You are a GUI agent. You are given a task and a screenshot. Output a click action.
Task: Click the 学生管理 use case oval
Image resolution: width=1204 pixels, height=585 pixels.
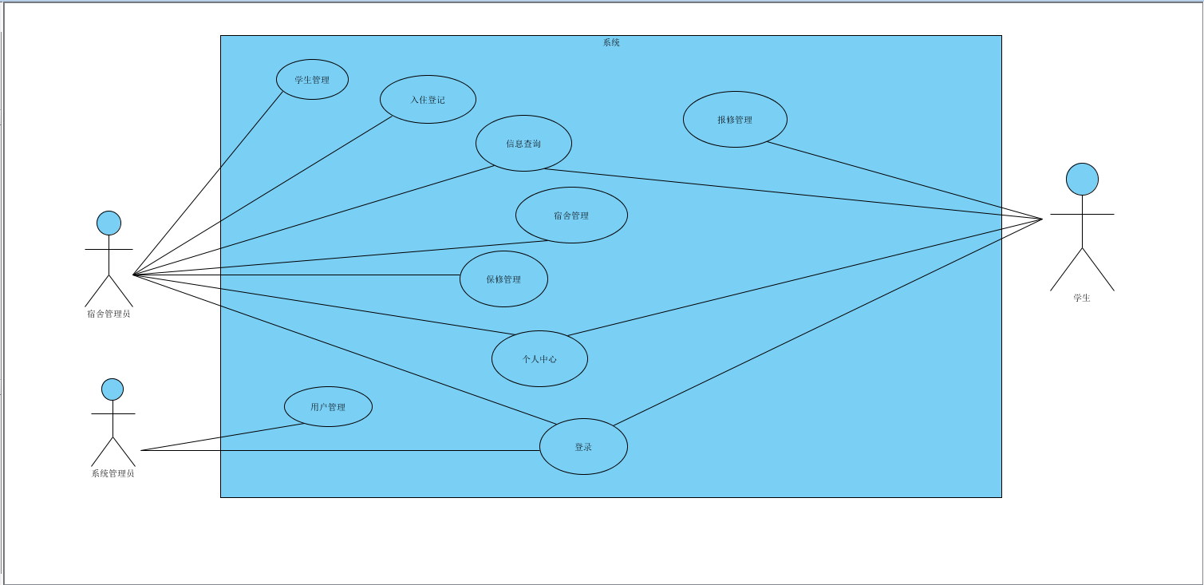(312, 80)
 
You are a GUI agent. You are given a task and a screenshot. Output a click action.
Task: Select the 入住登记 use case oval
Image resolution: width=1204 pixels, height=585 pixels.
(428, 100)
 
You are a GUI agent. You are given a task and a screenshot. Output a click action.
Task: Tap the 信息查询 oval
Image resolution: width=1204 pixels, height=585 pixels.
(523, 144)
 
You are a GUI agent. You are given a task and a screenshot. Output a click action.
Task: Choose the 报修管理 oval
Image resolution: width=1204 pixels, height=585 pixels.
(735, 120)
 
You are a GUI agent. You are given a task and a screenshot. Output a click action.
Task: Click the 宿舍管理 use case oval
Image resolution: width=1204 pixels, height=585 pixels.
(571, 215)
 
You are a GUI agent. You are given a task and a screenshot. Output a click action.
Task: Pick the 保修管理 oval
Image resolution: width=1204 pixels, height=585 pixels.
(503, 279)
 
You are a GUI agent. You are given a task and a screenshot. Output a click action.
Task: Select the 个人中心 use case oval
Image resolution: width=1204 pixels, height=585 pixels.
(539, 359)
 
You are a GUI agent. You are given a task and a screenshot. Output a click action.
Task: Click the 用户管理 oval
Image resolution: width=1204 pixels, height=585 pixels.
(328, 407)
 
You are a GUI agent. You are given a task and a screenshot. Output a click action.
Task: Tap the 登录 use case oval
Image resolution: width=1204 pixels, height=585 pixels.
(583, 447)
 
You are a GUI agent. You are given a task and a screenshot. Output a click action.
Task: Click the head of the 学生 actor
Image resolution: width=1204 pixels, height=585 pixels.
(1082, 180)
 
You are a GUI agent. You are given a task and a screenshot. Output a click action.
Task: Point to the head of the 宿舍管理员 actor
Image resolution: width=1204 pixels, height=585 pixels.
(109, 223)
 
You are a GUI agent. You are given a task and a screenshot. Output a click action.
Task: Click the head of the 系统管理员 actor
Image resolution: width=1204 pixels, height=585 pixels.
(113, 389)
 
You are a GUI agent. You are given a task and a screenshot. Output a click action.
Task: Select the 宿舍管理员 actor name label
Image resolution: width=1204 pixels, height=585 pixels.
(109, 314)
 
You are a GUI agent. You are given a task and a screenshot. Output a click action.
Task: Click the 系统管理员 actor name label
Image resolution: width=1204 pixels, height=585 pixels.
(113, 473)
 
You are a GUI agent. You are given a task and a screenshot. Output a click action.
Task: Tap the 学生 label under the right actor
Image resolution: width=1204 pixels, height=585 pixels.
(1081, 298)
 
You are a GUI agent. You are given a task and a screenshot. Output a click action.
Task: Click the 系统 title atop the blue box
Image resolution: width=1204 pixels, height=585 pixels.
(611, 42)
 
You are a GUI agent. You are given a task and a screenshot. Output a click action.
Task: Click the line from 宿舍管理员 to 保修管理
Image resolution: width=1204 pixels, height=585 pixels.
(295, 275)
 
